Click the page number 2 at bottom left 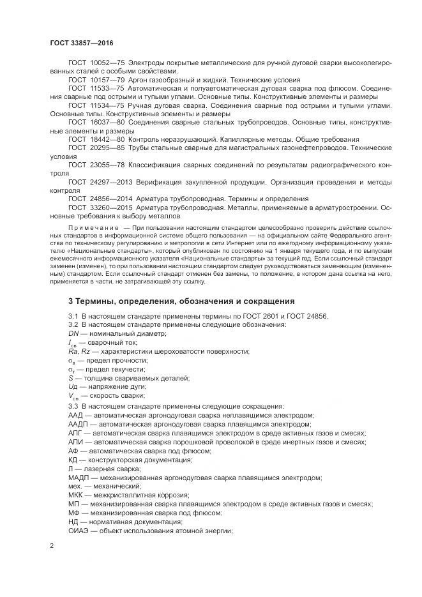pos(52,545)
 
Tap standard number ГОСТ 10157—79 pos(96,80)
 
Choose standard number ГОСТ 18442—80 pos(96,139)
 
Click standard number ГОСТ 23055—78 pos(96,165)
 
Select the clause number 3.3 pos(73,405)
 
